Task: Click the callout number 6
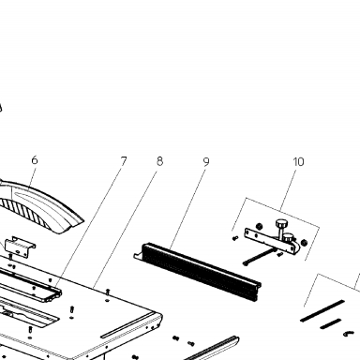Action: tap(35, 160)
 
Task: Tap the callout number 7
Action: tap(124, 161)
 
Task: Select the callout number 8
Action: tap(159, 161)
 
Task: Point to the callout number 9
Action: tap(206, 161)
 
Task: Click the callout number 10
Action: tap(298, 162)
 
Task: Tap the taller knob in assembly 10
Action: tap(280, 228)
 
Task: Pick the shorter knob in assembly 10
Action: tap(289, 237)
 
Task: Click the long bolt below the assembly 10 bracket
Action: tap(259, 257)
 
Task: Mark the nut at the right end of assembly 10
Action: tap(304, 242)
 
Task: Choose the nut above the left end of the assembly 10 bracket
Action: tap(259, 226)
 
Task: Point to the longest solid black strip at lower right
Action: tap(322, 310)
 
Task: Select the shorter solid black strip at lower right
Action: tap(330, 323)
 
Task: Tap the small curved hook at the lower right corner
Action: tap(349, 334)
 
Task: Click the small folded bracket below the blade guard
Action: tap(20, 247)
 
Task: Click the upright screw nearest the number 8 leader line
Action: tap(108, 292)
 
